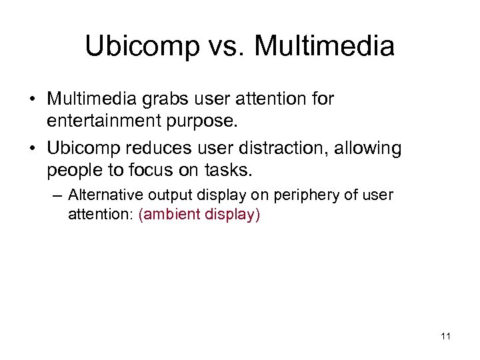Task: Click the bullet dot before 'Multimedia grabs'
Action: [32, 99]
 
